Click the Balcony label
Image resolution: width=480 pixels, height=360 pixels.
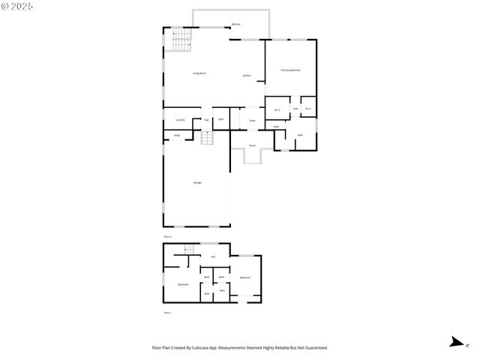[x=235, y=25]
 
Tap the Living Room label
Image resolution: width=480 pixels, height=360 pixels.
[x=199, y=73]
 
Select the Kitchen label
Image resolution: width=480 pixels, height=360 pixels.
[x=247, y=76]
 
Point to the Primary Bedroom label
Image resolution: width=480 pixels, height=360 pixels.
[x=290, y=70]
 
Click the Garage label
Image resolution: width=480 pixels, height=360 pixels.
[x=197, y=182]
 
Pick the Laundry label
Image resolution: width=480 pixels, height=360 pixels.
[x=180, y=119]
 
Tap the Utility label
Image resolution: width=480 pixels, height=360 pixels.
[x=176, y=135]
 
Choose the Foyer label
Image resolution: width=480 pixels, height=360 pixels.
[x=252, y=119]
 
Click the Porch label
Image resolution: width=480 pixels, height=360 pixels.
[x=252, y=145]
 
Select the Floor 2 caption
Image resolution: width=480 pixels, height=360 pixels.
[x=168, y=236]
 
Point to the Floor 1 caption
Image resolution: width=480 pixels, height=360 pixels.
[x=168, y=311]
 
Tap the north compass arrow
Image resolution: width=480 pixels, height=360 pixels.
[x=455, y=343]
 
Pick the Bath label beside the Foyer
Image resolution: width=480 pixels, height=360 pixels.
[x=221, y=119]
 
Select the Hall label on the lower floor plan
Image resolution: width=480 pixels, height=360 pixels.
[x=213, y=257]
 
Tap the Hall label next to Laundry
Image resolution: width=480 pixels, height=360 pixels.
[x=206, y=120]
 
